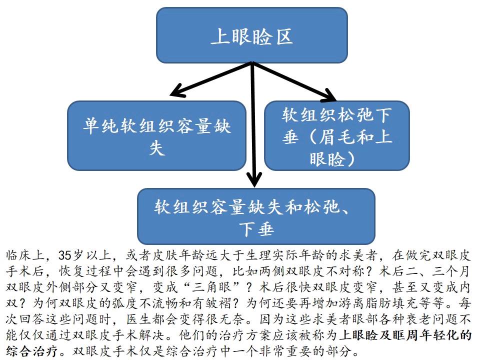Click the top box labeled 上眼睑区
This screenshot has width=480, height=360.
pyautogui.click(x=252, y=35)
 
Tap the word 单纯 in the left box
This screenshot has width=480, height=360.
pyautogui.click(x=101, y=125)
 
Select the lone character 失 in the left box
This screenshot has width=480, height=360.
pyautogui.click(x=157, y=148)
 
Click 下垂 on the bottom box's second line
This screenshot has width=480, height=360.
pyautogui.click(x=256, y=229)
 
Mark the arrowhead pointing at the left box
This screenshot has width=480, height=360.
pyautogui.click(x=178, y=91)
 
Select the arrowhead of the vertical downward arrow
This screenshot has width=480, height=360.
pyautogui.click(x=254, y=179)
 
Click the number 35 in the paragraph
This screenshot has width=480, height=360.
pyautogui.click(x=65, y=255)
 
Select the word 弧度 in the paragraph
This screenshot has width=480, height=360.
pyautogui.click(x=126, y=303)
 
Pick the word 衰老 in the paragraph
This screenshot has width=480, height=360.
pyautogui.click(x=419, y=319)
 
